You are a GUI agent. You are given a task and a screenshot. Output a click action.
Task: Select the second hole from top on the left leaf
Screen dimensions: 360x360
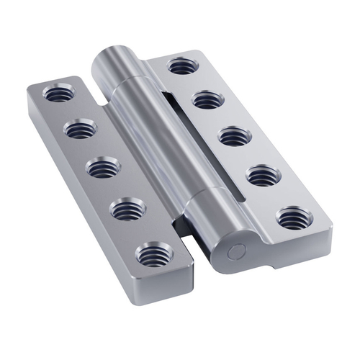pyautogui.click(x=79, y=130)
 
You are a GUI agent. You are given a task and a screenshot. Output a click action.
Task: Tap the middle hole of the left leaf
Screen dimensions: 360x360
pyautogui.click(x=103, y=168)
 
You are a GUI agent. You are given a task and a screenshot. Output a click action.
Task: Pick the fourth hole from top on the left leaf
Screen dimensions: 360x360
pyautogui.click(x=129, y=210)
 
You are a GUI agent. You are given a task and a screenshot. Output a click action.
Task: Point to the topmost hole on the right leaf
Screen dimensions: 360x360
pyautogui.click(x=181, y=67)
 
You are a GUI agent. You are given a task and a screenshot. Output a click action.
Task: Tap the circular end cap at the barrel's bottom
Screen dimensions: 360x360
pyautogui.click(x=235, y=253)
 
